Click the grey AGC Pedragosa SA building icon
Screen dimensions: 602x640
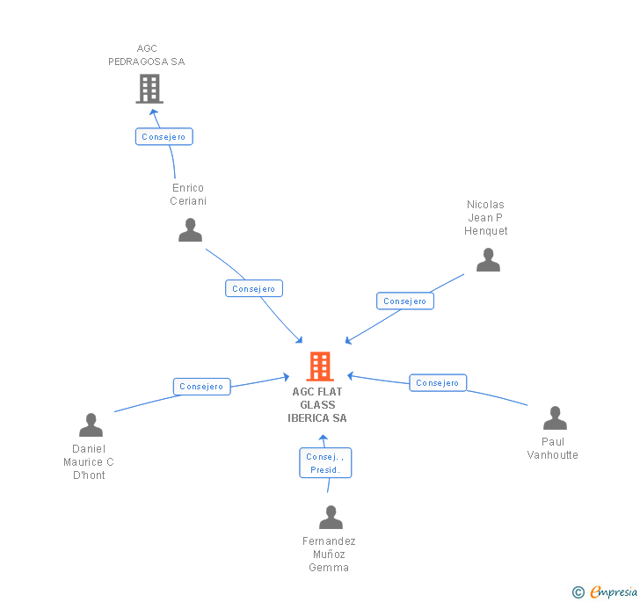[x=149, y=88]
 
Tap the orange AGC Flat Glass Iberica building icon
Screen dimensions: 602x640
[x=320, y=366]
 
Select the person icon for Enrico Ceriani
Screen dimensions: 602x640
[x=190, y=230]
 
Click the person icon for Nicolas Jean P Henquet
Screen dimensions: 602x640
[x=488, y=260]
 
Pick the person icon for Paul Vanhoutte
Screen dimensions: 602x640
[x=555, y=418]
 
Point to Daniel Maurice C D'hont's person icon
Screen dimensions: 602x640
[x=91, y=425]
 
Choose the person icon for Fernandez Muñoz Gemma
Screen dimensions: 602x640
[x=331, y=518]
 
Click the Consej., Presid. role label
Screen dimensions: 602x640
[x=325, y=463]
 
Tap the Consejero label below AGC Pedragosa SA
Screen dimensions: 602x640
[x=164, y=137]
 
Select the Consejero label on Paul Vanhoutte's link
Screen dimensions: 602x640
[x=438, y=383]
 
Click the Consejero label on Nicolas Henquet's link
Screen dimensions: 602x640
[x=405, y=301]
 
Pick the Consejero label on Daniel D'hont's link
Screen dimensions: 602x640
[x=202, y=387]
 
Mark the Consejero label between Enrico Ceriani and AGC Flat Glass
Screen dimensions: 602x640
[x=254, y=288]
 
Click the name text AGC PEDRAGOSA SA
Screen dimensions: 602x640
[x=147, y=55]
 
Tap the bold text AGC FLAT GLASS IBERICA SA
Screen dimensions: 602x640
[x=317, y=405]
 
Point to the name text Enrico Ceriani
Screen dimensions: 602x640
[x=188, y=194]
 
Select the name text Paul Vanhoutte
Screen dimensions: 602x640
[x=553, y=448]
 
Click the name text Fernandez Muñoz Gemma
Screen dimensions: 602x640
[x=329, y=555]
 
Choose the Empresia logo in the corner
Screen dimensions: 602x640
[x=613, y=591]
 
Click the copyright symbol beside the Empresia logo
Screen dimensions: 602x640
[x=578, y=592]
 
